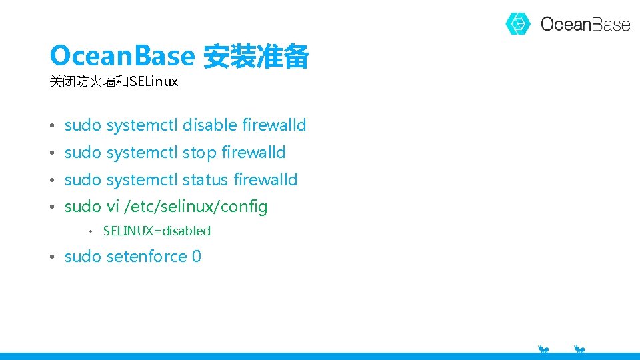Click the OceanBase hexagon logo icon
(x=518, y=24)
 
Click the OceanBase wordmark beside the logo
(x=585, y=25)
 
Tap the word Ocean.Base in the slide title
(x=121, y=56)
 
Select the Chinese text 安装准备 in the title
(x=255, y=57)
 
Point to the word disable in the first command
(x=210, y=125)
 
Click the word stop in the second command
(x=199, y=153)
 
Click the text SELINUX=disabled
(x=157, y=231)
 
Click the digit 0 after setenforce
(x=197, y=257)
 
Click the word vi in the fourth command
(x=112, y=207)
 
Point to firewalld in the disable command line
(x=274, y=125)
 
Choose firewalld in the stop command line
(x=253, y=153)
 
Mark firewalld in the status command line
(x=265, y=179)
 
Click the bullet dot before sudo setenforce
(x=52, y=257)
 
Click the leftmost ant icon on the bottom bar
(x=544, y=349)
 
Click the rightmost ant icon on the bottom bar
(x=579, y=349)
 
